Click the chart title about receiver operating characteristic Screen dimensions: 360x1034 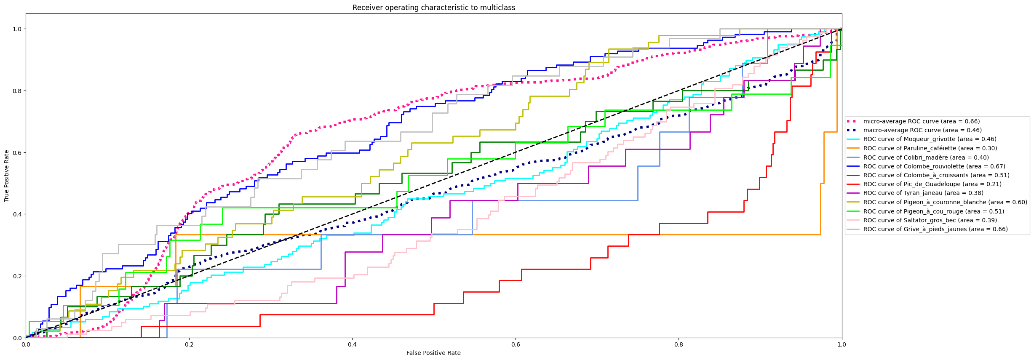coord(433,8)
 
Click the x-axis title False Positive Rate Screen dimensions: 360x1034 coord(433,353)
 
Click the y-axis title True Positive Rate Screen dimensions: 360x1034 coord(7,176)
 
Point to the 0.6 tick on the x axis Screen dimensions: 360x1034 coord(516,344)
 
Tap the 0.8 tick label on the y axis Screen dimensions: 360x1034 coord(17,91)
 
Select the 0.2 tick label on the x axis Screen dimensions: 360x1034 coord(189,344)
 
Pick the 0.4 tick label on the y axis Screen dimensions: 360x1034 coord(17,214)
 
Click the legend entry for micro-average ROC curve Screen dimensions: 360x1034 coord(921,121)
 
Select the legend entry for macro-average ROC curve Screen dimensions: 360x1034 coord(922,130)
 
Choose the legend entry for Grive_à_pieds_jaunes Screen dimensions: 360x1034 coord(935,229)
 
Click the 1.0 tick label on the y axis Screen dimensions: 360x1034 coord(17,29)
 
